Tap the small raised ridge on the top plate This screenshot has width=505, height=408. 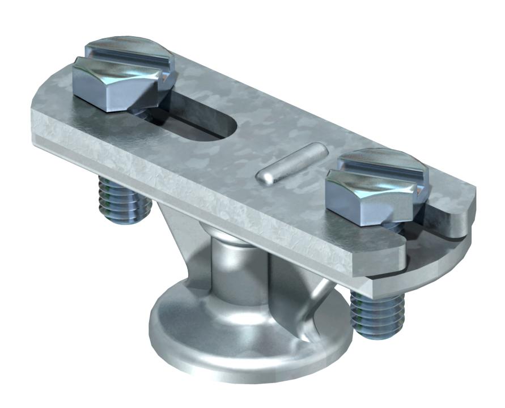click(x=291, y=163)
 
